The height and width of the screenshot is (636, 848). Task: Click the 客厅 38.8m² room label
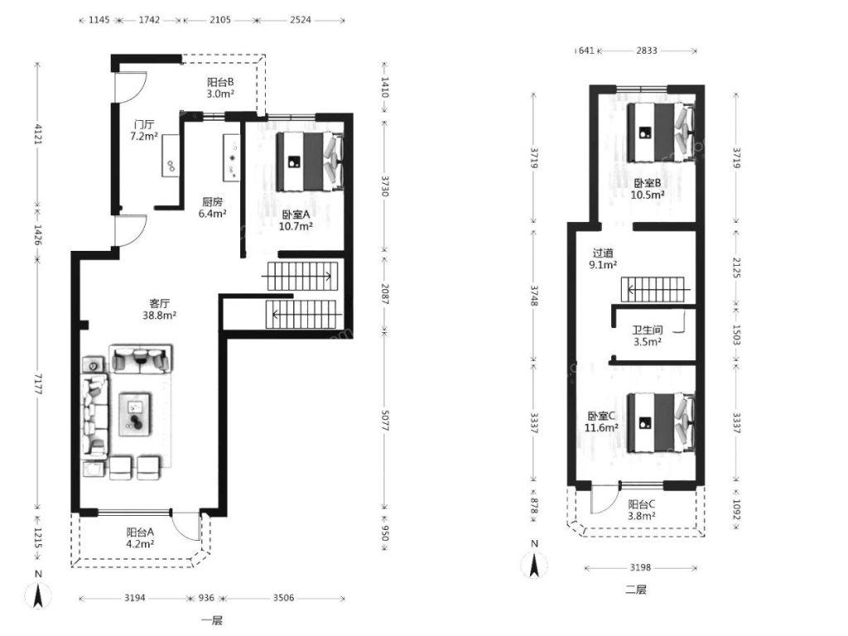click(x=160, y=309)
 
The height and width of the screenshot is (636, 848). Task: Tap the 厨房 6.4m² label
click(x=213, y=208)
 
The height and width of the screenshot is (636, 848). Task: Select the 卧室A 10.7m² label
click(x=296, y=220)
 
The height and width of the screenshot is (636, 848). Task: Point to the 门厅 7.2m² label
click(x=144, y=130)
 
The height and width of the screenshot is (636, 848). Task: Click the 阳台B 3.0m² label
click(x=220, y=88)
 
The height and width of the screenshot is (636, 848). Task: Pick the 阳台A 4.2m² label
click(x=140, y=537)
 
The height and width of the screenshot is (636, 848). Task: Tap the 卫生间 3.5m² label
click(x=648, y=335)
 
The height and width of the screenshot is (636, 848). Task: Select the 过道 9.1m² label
click(x=603, y=258)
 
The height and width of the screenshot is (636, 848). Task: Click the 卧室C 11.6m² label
click(x=601, y=422)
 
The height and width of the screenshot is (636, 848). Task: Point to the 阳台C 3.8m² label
click(x=642, y=509)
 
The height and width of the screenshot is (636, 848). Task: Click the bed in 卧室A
click(x=310, y=161)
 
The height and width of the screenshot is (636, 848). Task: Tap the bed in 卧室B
click(x=660, y=132)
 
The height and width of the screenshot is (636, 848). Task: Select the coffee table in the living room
click(x=135, y=414)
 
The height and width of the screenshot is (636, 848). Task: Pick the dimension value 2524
click(x=300, y=20)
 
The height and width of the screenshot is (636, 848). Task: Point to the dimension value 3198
click(x=640, y=567)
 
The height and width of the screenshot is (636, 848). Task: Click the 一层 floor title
click(x=212, y=620)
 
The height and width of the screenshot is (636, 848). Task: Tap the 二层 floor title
click(x=636, y=590)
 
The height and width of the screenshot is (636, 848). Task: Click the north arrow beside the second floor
click(x=534, y=565)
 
